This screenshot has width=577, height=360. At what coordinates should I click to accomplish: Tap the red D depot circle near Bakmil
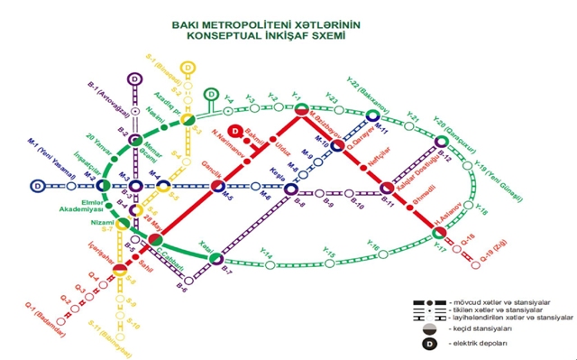pos(233,131)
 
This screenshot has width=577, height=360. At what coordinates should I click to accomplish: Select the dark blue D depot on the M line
pos(39,187)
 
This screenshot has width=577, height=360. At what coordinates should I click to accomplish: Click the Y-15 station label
pos(329,256)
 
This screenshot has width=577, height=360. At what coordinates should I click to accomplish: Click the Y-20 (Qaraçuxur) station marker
pos(441,142)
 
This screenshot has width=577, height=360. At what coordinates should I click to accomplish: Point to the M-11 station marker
pos(372,115)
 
